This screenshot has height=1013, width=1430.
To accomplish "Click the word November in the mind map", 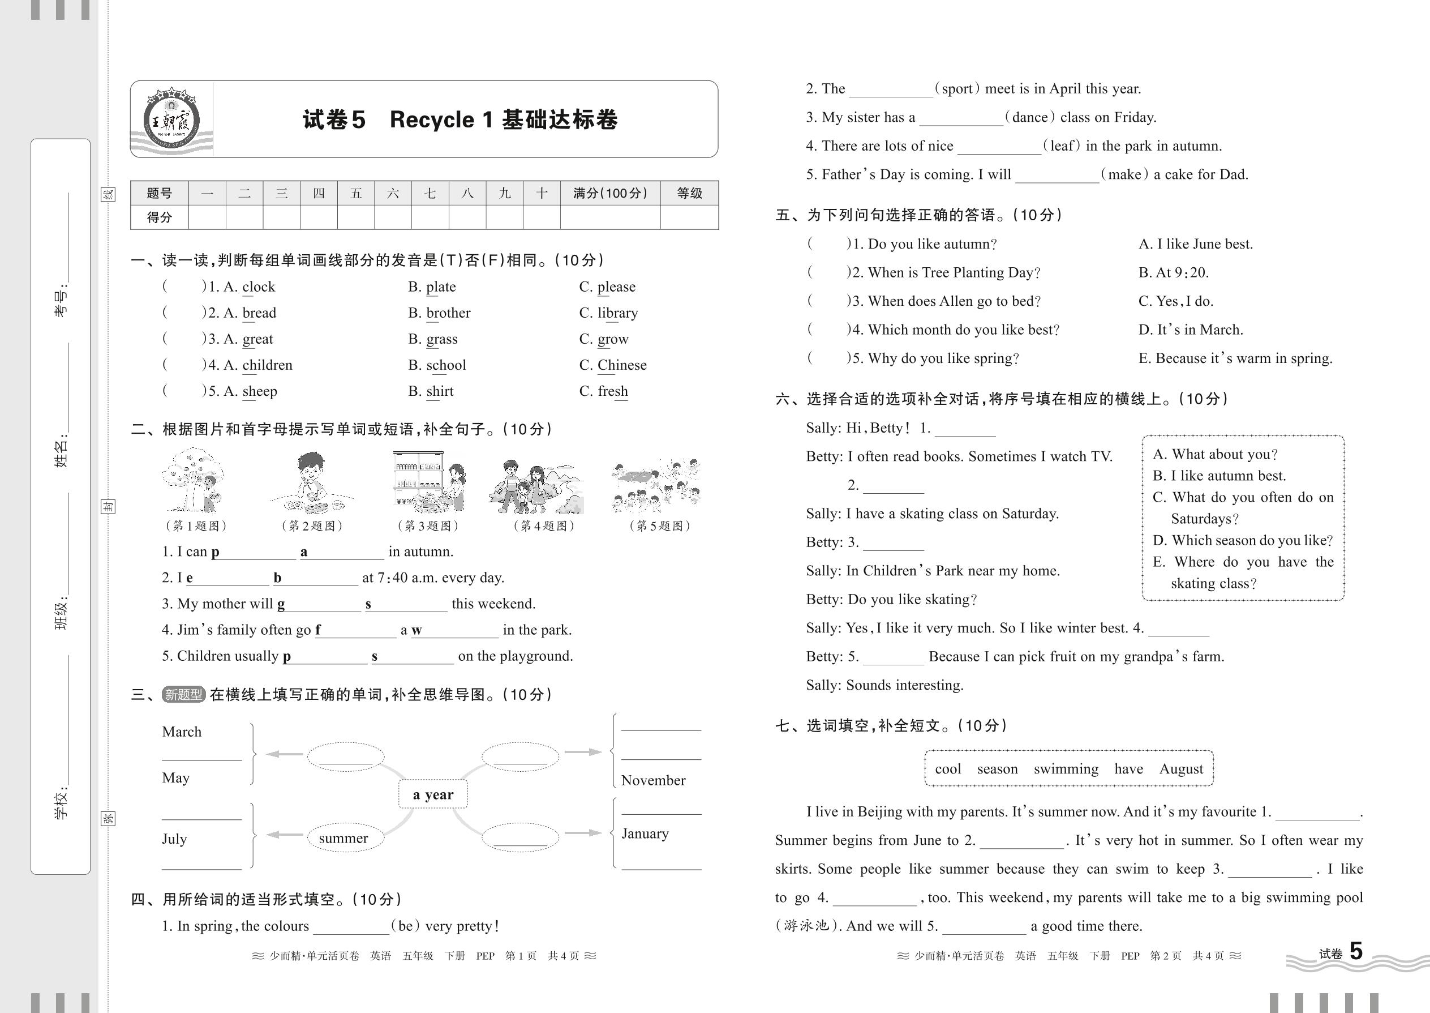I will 652,780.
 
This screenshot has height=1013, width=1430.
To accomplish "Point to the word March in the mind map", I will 182,731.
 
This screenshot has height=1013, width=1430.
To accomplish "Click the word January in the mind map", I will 645,834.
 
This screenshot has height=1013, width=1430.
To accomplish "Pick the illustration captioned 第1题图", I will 192,480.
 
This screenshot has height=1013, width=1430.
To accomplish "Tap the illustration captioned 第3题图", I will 429,481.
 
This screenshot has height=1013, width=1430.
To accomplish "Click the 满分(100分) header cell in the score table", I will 609,193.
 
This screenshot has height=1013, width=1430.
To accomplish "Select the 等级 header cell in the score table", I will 689,193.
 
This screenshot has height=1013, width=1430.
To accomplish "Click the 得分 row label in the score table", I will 159,217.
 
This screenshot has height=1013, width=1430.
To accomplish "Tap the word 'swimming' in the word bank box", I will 1066,768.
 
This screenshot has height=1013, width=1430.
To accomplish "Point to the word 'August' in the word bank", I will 1180,768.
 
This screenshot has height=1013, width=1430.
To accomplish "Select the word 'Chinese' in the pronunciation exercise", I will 621,365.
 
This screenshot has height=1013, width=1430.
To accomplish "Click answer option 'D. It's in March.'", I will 1190,330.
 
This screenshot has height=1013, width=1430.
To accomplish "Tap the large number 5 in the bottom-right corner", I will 1356,951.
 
